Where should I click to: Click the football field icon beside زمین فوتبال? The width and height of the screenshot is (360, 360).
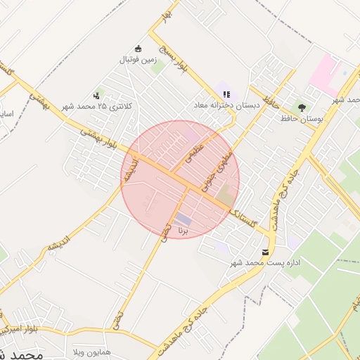click(x=139, y=49)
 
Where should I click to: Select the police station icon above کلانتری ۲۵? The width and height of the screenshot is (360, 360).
click(x=96, y=95)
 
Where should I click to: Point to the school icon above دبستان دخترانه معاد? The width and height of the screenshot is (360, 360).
click(x=226, y=94)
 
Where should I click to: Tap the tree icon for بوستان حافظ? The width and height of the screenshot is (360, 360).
click(x=302, y=108)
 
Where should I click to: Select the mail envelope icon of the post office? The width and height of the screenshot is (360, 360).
click(x=265, y=252)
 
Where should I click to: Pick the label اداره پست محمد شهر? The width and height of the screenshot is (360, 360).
click(x=266, y=263)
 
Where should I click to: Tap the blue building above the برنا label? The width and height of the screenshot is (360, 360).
click(x=183, y=219)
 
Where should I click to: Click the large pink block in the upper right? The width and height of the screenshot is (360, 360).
click(x=324, y=74)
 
